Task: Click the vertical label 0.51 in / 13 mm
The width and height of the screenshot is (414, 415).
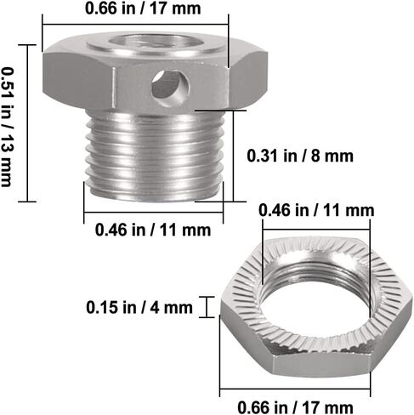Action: point(9,125)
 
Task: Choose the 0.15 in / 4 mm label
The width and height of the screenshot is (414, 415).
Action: point(139,306)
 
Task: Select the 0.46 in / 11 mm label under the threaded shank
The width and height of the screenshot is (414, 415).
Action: point(153,229)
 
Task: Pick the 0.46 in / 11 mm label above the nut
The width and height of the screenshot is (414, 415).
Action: point(316,209)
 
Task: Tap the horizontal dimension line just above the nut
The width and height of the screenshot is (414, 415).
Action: point(315,224)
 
